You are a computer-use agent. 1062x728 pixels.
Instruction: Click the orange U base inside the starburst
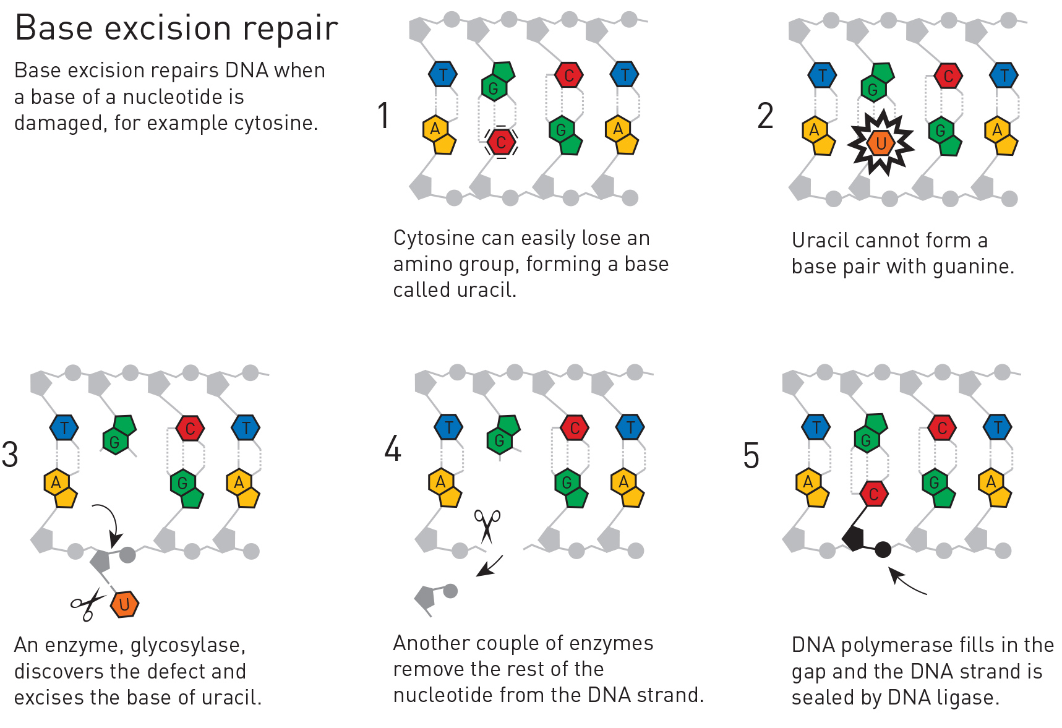coord(881,143)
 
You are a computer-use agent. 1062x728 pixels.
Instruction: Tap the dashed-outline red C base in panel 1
coord(501,142)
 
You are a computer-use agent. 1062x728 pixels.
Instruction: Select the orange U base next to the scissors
coord(124,604)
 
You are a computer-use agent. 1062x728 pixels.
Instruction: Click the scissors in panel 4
coord(487,526)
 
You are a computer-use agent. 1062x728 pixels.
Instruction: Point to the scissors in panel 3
coord(87,604)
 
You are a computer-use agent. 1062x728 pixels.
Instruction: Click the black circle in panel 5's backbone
coord(883,549)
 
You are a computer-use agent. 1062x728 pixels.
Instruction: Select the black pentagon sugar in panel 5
coord(854,538)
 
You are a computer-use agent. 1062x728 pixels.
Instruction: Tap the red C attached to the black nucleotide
coord(873,494)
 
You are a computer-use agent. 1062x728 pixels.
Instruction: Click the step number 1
coord(384,116)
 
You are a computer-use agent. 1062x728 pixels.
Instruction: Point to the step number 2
coord(765,116)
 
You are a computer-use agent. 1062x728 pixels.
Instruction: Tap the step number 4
coord(393,448)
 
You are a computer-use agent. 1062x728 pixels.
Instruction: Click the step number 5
coord(751,456)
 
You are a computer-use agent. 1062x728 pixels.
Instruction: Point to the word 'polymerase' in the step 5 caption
coord(893,646)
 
